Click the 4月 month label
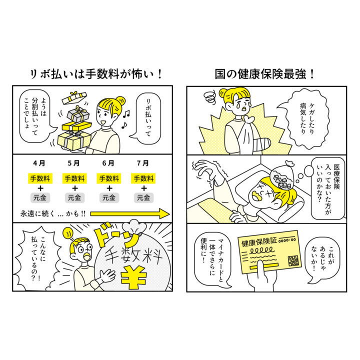tap(39, 163)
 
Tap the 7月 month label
tap(143, 163)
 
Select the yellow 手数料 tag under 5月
tap(74, 178)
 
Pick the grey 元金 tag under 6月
tap(109, 197)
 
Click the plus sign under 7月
tap(143, 188)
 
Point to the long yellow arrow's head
tap(165, 214)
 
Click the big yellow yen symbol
tap(134, 277)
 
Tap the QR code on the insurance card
tap(293, 260)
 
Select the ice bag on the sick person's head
tap(282, 175)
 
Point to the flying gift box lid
tap(74, 97)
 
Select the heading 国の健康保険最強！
tap(264, 74)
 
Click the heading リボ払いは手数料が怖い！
tap(96, 74)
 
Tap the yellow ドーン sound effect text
tap(117, 236)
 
